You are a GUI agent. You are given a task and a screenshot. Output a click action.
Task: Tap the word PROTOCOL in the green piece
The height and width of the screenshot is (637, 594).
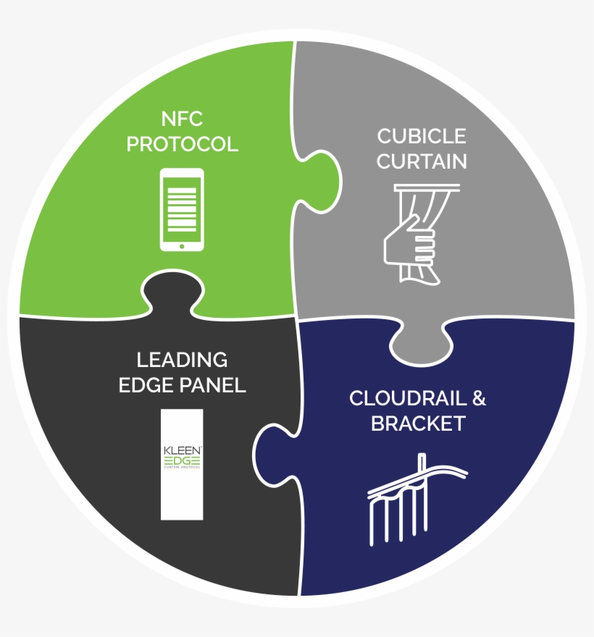tap(183, 143)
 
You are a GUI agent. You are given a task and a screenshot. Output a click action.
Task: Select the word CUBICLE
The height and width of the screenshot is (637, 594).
tap(422, 135)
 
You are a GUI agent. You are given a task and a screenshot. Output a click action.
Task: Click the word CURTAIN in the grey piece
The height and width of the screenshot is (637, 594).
tap(422, 161)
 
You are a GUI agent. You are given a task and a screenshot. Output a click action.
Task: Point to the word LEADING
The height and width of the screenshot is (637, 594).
tap(183, 359)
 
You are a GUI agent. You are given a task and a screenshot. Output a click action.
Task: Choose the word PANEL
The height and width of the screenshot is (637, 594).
tap(213, 385)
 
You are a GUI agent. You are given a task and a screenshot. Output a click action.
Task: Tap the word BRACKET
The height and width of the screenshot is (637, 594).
tap(418, 423)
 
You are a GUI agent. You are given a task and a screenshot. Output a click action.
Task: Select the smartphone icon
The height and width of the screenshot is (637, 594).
tap(181, 210)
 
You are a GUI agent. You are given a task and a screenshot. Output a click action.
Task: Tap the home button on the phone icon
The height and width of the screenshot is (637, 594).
tap(181, 245)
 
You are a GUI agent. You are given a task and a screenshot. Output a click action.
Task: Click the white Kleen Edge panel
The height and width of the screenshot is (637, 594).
tap(182, 464)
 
